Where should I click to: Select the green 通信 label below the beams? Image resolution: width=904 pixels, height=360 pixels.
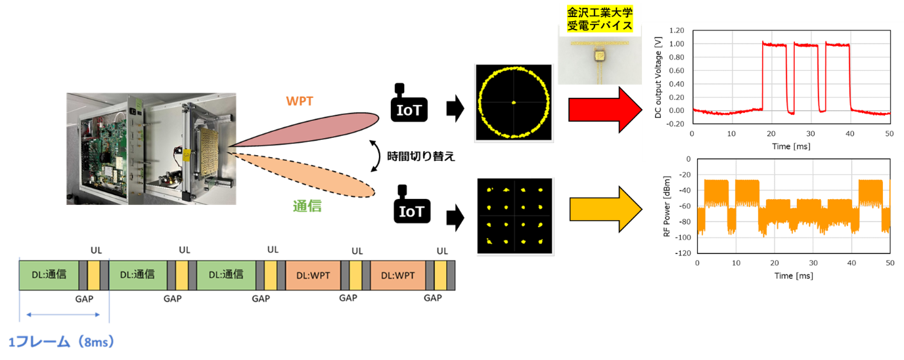pyautogui.click(x=307, y=206)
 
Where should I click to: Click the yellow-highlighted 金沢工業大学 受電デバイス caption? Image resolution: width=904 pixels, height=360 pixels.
pyautogui.click(x=599, y=19)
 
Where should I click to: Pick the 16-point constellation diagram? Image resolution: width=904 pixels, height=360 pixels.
pyautogui.click(x=514, y=215)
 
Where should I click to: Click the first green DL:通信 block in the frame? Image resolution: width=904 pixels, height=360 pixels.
pyautogui.click(x=49, y=275)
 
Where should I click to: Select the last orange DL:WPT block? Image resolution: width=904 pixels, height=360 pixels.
pyautogui.click(x=397, y=275)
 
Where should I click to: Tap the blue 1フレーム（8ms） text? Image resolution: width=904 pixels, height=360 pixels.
pyautogui.click(x=62, y=342)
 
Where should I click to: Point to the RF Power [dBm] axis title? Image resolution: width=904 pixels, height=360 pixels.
pyautogui.click(x=666, y=206)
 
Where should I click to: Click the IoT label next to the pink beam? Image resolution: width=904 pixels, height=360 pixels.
pyautogui.click(x=409, y=110)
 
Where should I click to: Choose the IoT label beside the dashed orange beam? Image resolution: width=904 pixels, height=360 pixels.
pyautogui.click(x=411, y=212)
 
